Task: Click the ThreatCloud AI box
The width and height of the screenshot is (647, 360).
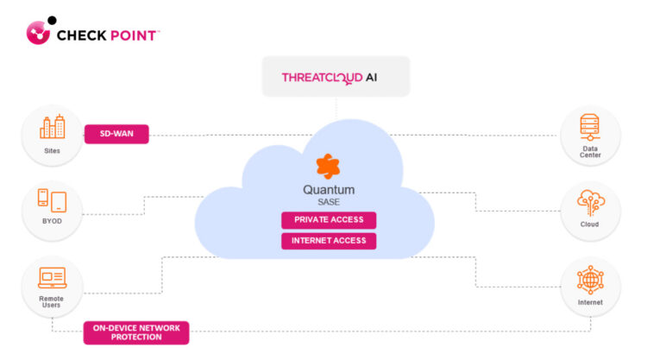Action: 335,77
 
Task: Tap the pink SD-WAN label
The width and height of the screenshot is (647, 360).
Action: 116,134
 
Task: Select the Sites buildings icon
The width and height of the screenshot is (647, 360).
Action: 52,128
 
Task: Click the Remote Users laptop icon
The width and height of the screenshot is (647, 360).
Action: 52,277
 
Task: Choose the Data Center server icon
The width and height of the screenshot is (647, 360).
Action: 590,129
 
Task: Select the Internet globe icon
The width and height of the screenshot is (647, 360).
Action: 590,280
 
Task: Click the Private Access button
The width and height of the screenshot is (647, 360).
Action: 329,219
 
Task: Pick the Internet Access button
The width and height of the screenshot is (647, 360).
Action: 329,240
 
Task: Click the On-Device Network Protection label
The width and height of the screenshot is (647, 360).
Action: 135,332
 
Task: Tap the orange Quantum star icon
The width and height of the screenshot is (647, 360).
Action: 328,165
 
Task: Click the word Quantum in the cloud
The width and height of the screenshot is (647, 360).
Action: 329,189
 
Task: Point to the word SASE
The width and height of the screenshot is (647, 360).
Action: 329,202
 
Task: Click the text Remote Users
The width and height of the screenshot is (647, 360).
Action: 52,302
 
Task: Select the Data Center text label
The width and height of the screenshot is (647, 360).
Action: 590,153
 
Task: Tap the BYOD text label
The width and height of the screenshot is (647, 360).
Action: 52,221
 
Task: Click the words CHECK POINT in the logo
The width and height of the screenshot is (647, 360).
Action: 107,35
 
